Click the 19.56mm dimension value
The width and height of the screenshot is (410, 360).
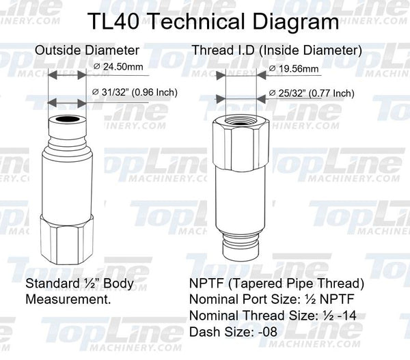295,69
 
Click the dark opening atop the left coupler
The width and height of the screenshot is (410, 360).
66,121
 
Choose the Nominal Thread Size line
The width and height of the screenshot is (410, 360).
281,316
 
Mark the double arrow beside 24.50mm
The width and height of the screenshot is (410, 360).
66,77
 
